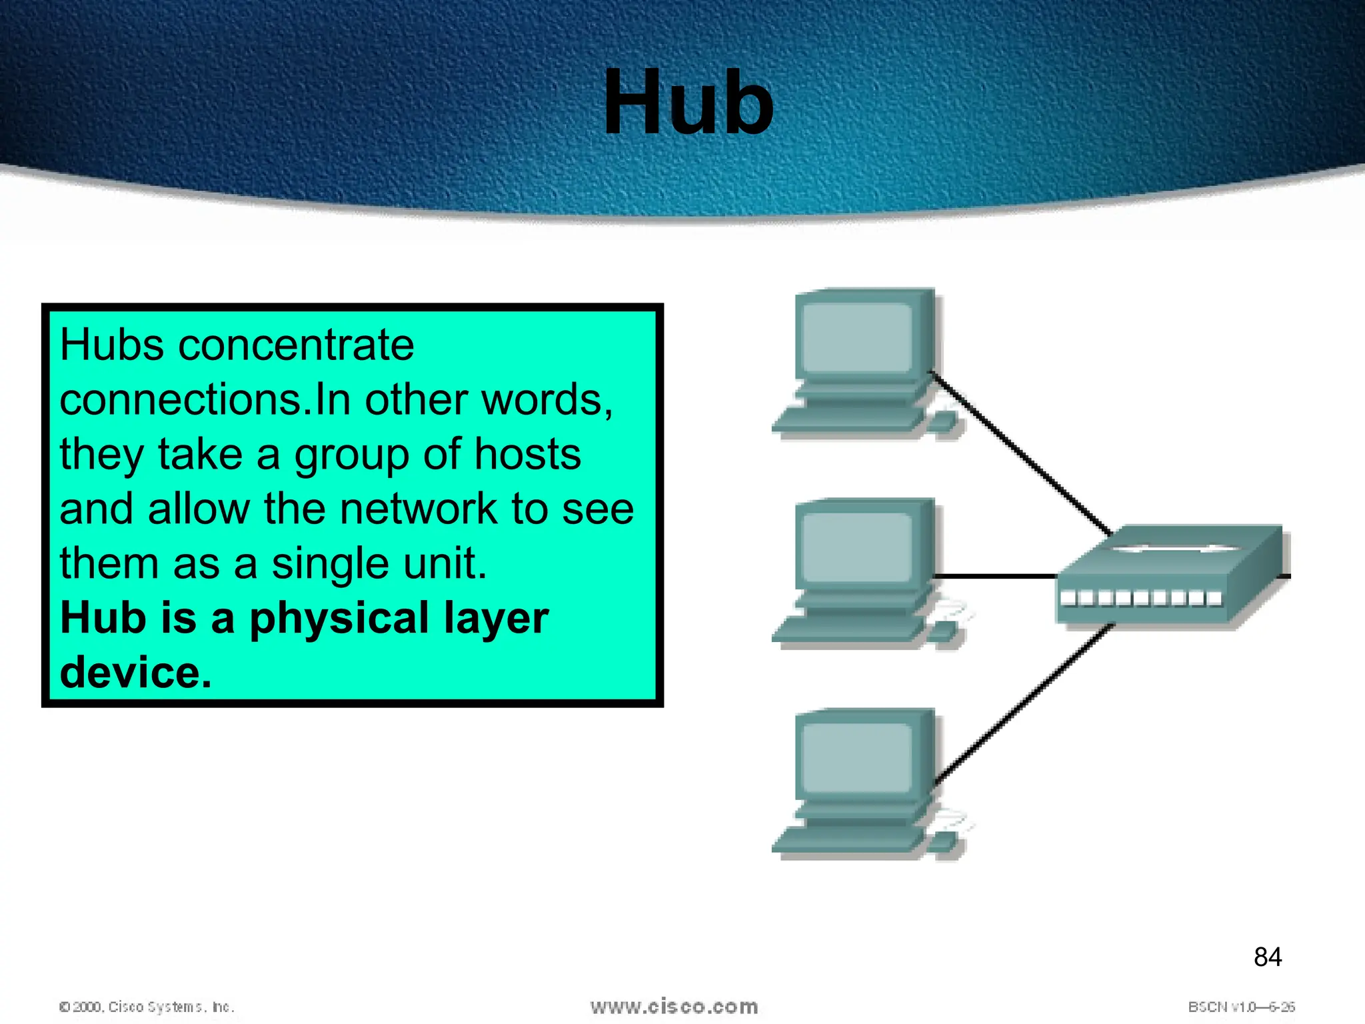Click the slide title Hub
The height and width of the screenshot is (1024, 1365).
(688, 103)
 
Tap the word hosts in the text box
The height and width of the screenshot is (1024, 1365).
(527, 455)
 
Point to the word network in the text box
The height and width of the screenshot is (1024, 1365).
(418, 509)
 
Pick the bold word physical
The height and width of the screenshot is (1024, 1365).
(339, 618)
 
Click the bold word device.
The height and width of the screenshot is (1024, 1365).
(135, 673)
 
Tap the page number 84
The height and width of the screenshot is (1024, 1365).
(1267, 957)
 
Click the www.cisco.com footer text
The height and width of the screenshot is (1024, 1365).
(674, 1007)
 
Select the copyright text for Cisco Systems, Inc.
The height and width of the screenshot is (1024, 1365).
(147, 1007)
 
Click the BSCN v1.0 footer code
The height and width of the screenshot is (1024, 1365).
(1240, 1007)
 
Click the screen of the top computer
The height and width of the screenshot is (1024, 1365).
(856, 337)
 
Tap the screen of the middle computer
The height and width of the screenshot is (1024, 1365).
(856, 547)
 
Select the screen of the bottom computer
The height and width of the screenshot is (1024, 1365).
(856, 757)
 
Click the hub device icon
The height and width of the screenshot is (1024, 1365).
(1170, 573)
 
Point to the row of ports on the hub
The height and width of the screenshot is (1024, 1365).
(1141, 598)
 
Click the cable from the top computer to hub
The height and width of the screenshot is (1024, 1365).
(1020, 453)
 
